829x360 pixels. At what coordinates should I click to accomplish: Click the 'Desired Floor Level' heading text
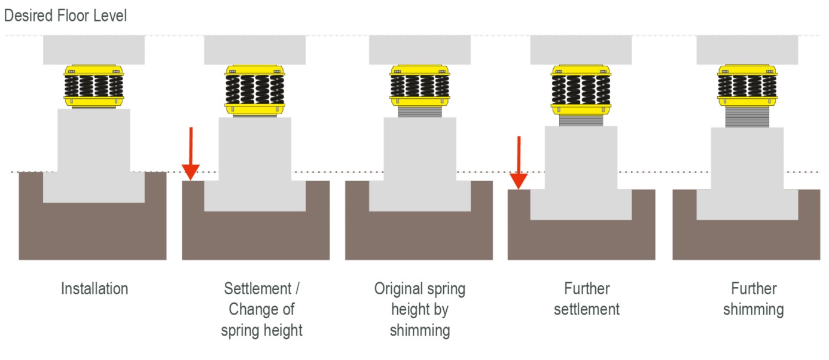[65, 16]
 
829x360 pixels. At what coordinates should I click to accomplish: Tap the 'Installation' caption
[95, 289]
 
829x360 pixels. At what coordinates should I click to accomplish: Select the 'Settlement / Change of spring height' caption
[262, 309]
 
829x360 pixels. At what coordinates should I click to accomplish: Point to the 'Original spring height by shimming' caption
[419, 309]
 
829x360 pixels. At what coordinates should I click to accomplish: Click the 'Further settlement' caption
[586, 299]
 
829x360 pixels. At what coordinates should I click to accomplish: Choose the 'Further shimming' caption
[753, 299]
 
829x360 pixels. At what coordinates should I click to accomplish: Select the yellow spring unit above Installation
[93, 87]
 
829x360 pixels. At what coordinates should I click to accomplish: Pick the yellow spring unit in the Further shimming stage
[746, 87]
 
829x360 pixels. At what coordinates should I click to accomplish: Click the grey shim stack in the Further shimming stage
[746, 117]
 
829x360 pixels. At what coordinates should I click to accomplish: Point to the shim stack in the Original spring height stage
[419, 108]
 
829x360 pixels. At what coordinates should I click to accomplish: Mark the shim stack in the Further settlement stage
[580, 120]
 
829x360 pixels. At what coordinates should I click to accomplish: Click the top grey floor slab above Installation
[93, 50]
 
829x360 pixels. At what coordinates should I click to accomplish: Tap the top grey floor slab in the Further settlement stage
[580, 50]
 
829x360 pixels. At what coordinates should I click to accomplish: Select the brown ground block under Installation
[92, 233]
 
